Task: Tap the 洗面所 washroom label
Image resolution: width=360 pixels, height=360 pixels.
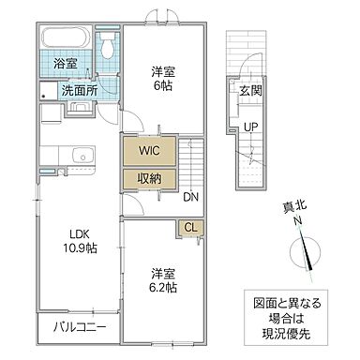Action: click(x=79, y=91)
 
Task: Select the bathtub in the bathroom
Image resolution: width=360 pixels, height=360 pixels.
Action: click(x=66, y=41)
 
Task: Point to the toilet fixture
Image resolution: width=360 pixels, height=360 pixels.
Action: click(x=109, y=46)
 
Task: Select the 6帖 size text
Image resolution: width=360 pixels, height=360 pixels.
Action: click(x=163, y=85)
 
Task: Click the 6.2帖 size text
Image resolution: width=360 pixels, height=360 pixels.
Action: click(x=163, y=290)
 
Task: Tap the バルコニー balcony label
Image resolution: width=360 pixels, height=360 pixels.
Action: click(x=79, y=328)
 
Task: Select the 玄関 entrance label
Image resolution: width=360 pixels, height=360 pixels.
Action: click(x=250, y=90)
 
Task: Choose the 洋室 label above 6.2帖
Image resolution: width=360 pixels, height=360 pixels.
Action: click(x=163, y=274)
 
